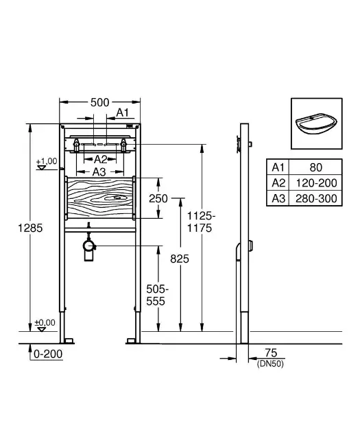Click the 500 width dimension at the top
click(x=99, y=102)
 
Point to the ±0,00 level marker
click(x=45, y=323)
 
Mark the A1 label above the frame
click(x=122, y=112)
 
